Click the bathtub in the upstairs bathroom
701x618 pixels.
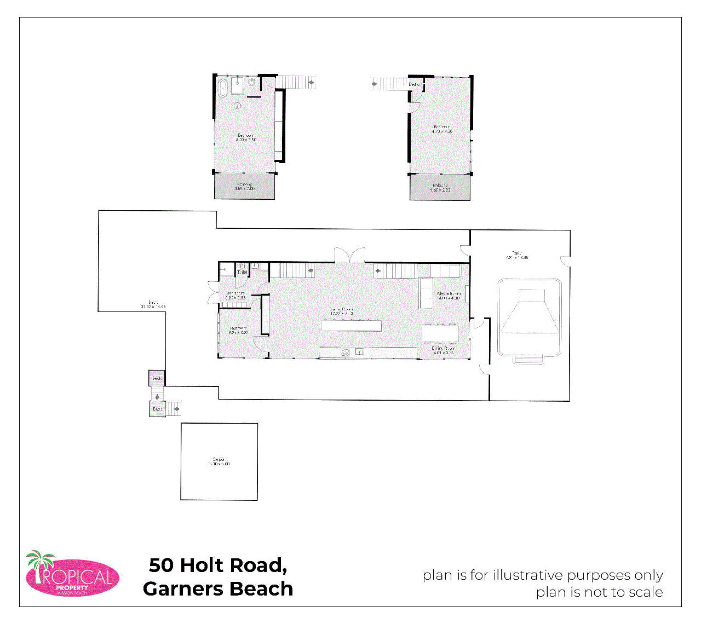pyautogui.click(x=223, y=88)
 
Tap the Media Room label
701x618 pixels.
pyautogui.click(x=449, y=296)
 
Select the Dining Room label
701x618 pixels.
pyautogui.click(x=443, y=350)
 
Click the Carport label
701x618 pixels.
pyautogui.click(x=219, y=461)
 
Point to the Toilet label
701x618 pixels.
pyautogui.click(x=242, y=272)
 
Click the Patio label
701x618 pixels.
pyautogui.click(x=516, y=255)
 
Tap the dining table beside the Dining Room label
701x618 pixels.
pyautogui.click(x=440, y=333)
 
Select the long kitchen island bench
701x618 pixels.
pyautogui.click(x=351, y=326)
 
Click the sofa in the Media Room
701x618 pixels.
pyautogui.click(x=426, y=293)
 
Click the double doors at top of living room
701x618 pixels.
pyautogui.click(x=350, y=256)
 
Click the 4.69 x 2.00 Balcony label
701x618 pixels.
pyautogui.click(x=244, y=186)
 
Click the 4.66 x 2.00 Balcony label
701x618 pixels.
pyautogui.click(x=440, y=187)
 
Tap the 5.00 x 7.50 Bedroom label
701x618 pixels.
pyautogui.click(x=246, y=137)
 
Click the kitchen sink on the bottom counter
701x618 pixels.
pyautogui.click(x=359, y=352)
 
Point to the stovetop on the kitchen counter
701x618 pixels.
pyautogui.click(x=345, y=352)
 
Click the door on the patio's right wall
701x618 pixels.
pyautogui.click(x=567, y=261)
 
